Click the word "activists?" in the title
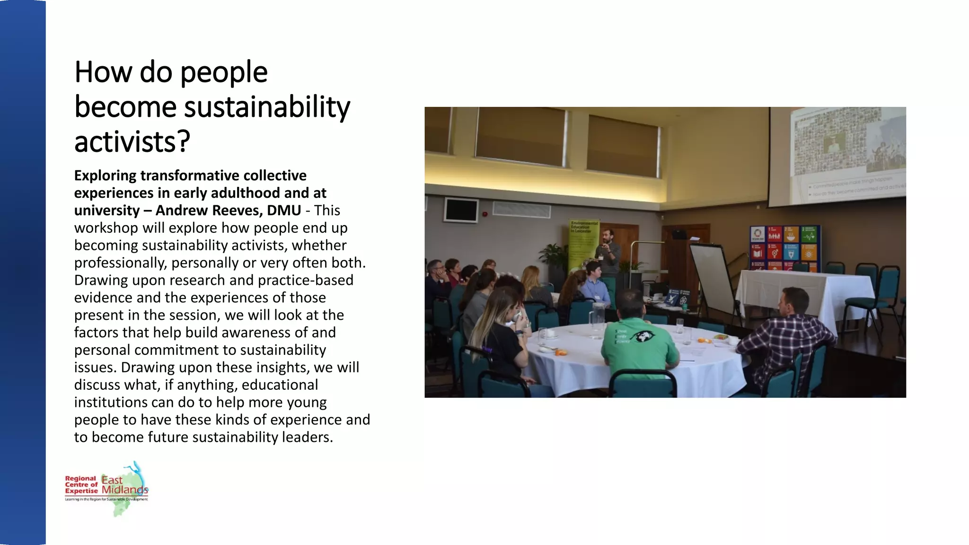point(132,141)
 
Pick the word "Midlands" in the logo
point(125,490)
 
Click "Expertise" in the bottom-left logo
point(81,491)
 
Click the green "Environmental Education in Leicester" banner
point(583,246)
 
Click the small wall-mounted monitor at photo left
point(461,210)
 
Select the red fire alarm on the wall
point(484,214)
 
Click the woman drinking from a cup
point(502,331)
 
